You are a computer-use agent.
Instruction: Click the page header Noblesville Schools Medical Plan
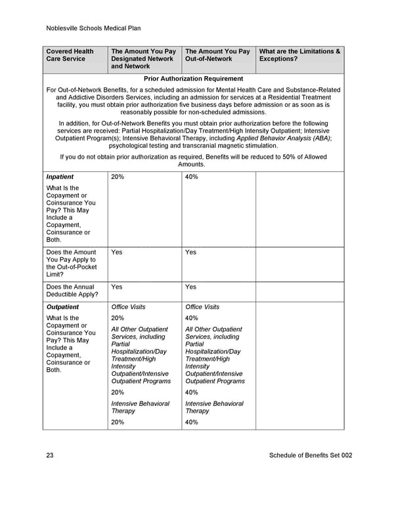[94, 28]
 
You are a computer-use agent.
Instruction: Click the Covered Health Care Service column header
[70, 55]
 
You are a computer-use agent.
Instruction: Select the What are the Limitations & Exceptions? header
[300, 55]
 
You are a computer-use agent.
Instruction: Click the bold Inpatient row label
[60, 177]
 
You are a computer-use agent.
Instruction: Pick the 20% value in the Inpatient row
[118, 177]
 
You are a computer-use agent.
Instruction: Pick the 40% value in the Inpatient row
[192, 177]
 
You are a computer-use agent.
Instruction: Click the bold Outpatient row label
[62, 307]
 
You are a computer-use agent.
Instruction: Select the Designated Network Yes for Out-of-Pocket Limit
[117, 252]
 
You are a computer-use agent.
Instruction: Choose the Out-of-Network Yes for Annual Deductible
[191, 287]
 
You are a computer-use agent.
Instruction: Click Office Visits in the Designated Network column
[129, 307]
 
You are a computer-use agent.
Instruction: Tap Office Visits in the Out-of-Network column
[203, 307]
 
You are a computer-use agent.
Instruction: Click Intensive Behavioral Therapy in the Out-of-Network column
[214, 407]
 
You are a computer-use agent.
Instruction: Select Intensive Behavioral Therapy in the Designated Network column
[141, 407]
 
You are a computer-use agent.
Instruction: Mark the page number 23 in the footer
[50, 456]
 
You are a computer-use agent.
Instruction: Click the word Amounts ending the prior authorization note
[192, 165]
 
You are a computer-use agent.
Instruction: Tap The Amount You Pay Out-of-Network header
[217, 55]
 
